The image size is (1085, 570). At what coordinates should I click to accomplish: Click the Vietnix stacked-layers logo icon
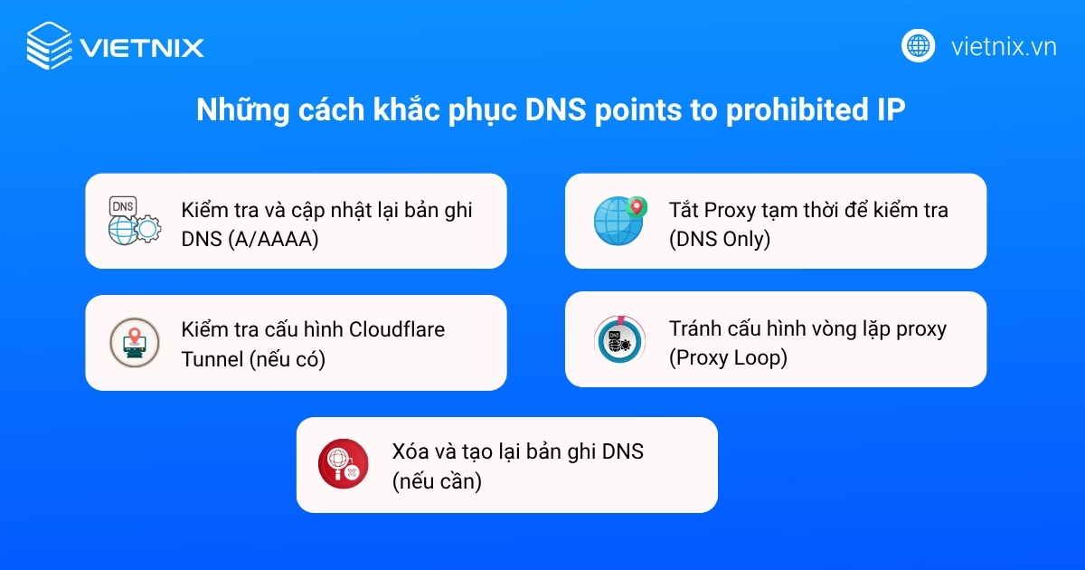click(49, 45)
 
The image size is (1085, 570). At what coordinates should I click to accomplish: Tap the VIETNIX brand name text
click(142, 47)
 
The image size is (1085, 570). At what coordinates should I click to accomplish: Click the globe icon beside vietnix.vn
click(918, 45)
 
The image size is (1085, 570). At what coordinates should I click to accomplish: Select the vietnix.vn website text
click(1004, 46)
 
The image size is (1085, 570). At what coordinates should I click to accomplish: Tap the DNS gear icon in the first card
click(132, 221)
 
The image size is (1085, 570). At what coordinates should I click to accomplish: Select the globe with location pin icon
click(619, 220)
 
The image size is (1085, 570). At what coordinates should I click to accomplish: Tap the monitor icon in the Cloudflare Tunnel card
click(133, 343)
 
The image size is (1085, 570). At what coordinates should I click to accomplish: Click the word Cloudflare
click(397, 329)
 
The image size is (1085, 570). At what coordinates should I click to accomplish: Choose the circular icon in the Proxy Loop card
click(619, 340)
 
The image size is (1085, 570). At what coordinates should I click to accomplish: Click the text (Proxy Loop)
click(728, 357)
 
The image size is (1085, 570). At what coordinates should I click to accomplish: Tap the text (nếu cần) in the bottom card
click(437, 481)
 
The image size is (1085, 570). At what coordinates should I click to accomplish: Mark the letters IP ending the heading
click(891, 111)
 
